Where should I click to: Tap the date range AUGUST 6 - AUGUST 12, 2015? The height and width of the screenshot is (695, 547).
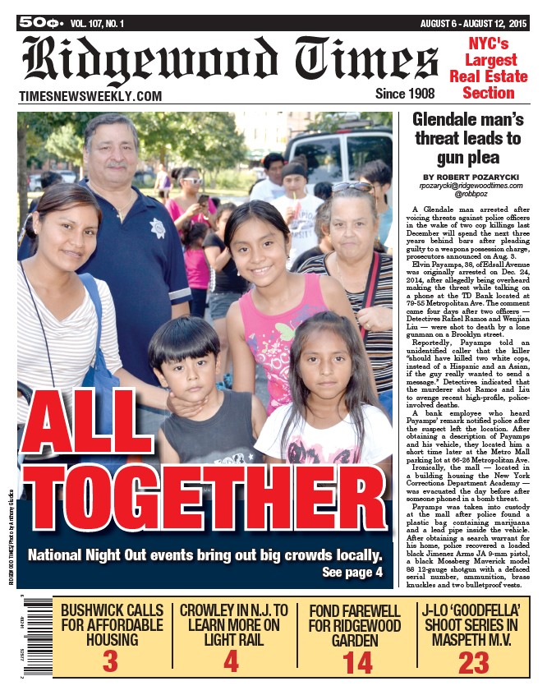[473, 23]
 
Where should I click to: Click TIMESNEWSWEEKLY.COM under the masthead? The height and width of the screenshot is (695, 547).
[90, 97]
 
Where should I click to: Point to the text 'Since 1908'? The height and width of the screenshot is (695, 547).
[404, 94]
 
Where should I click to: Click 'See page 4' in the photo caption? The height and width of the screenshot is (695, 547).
[352, 572]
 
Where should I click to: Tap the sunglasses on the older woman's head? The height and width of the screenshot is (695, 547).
[352, 188]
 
